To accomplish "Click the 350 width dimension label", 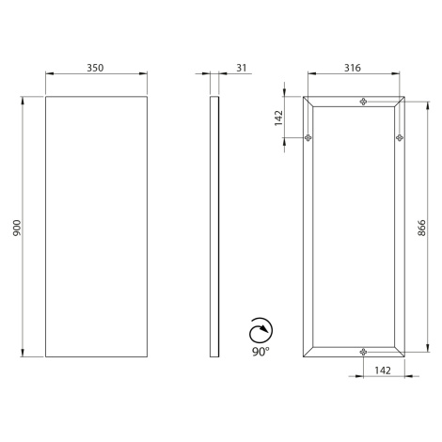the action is pyautogui.click(x=95, y=68).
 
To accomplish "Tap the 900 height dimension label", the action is pyautogui.click(x=17, y=228).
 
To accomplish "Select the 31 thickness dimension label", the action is pyautogui.click(x=242, y=68).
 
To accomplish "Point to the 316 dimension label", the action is pyautogui.click(x=353, y=68).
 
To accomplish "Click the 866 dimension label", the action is pyautogui.click(x=421, y=228).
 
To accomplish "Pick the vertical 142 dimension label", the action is pyautogui.click(x=278, y=118).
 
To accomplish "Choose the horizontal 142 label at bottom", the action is pyautogui.click(x=383, y=371).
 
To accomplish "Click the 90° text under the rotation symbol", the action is pyautogui.click(x=260, y=352).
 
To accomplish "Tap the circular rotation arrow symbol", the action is pyautogui.click(x=260, y=331).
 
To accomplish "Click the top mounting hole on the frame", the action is pyautogui.click(x=363, y=102).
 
